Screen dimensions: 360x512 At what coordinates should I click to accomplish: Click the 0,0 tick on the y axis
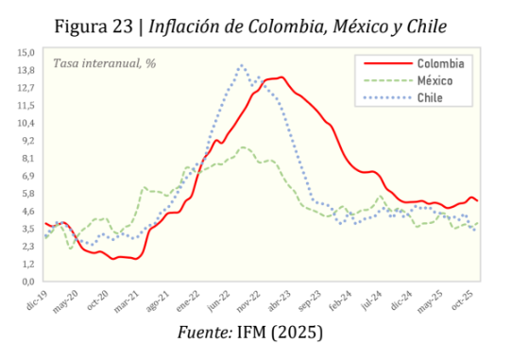(27, 282)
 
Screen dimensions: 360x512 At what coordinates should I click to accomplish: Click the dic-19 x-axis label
(36, 300)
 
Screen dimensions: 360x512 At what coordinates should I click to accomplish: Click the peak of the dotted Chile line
(242, 65)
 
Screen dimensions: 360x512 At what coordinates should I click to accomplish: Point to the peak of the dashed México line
(244, 147)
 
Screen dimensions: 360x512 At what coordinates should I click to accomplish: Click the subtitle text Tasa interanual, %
(105, 63)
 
